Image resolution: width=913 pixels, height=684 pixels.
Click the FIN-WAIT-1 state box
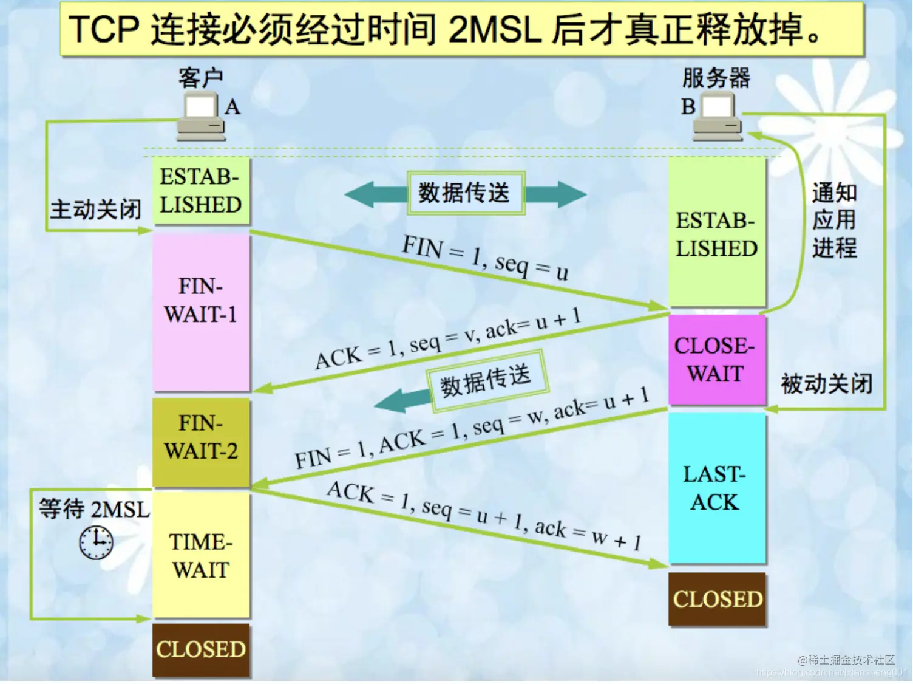(x=201, y=312)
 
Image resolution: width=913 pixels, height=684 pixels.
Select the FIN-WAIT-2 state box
(x=201, y=442)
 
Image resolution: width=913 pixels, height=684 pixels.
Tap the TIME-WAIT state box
(x=201, y=555)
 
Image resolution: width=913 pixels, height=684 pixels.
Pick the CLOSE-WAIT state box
(x=716, y=360)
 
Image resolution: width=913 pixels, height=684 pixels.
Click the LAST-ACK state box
(x=716, y=488)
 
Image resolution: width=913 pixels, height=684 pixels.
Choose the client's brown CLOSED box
(x=201, y=649)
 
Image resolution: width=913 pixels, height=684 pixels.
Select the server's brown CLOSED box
(x=717, y=599)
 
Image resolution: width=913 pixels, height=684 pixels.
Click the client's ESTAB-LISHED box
(x=201, y=191)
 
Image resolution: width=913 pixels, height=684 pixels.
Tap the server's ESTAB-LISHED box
(x=716, y=234)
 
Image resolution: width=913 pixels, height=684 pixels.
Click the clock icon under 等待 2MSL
(x=96, y=542)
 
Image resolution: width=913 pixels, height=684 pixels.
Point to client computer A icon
(x=202, y=117)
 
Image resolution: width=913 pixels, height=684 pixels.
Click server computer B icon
(x=717, y=117)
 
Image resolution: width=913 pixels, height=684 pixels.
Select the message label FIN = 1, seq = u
(x=485, y=258)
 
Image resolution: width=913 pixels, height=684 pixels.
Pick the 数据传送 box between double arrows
(x=464, y=193)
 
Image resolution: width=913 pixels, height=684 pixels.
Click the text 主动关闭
(x=95, y=210)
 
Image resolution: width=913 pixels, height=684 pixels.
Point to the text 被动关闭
(x=826, y=384)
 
